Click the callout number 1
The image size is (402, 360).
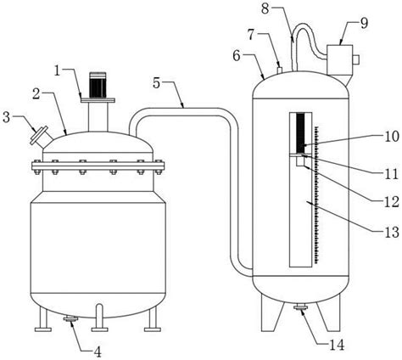click(58, 70)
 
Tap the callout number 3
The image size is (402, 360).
click(7, 117)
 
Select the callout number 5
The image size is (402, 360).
click(158, 82)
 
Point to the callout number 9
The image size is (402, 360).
click(364, 24)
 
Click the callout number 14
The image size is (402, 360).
click(338, 346)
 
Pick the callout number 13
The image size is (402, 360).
click(392, 233)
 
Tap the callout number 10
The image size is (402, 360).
click(392, 137)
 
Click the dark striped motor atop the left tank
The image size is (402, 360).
click(98, 85)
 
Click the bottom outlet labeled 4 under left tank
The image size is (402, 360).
click(70, 319)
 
